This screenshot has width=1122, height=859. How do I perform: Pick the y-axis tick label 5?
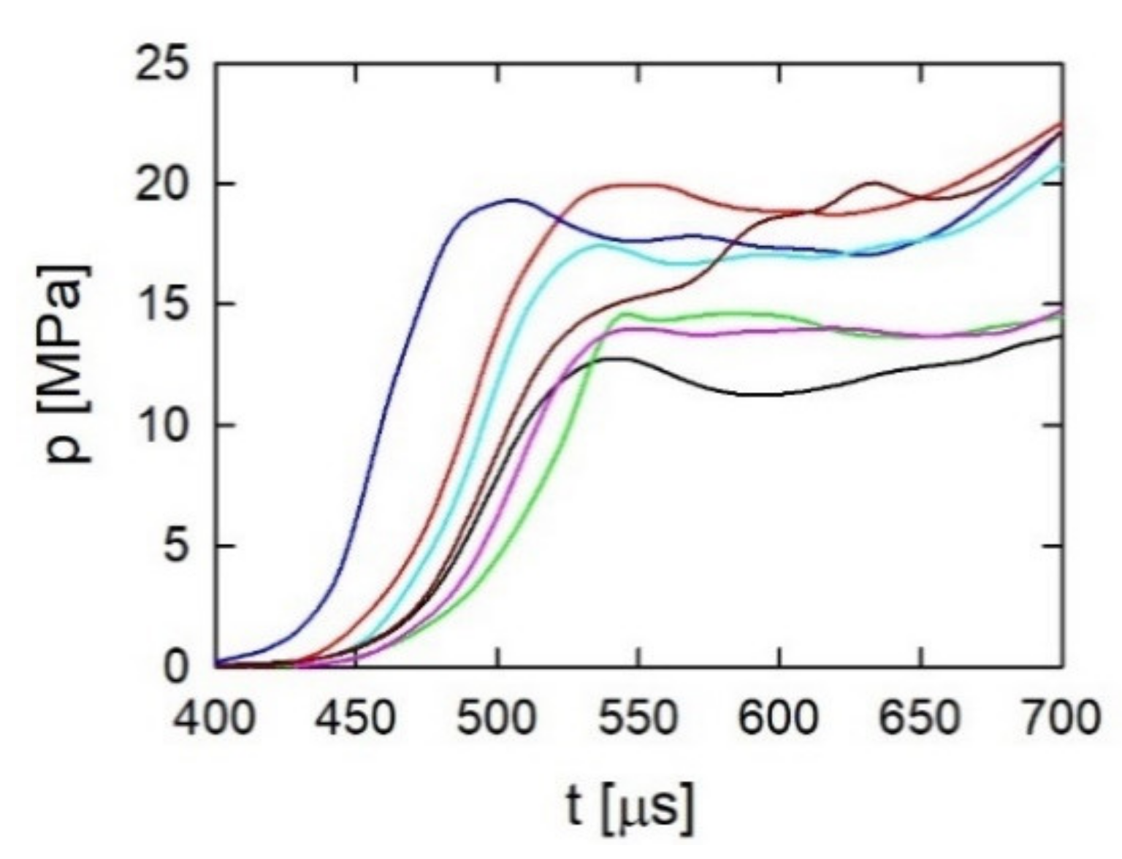tap(175, 546)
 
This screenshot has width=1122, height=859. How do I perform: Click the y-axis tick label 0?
tap(175, 667)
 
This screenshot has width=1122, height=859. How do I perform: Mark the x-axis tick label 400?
tap(214, 719)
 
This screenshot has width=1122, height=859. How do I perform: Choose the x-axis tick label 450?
tap(356, 719)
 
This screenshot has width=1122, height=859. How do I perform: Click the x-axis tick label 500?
tap(497, 719)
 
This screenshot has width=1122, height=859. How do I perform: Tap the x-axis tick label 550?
tap(638, 719)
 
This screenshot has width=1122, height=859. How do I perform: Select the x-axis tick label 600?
tap(780, 719)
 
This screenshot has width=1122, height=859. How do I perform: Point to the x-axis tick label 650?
tap(922, 719)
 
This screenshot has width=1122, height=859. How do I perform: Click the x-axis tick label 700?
tap(1062, 719)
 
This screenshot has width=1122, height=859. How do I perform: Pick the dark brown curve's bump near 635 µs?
tap(874, 183)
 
